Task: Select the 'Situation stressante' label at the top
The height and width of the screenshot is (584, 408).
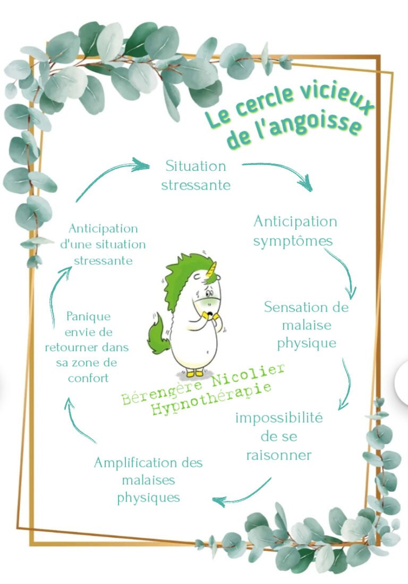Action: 195,175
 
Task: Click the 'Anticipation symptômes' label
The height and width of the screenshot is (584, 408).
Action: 295,231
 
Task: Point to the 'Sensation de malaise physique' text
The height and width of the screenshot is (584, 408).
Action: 307,325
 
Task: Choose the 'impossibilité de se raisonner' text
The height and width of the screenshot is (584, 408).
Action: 279,436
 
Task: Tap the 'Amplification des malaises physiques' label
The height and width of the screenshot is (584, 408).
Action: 148,480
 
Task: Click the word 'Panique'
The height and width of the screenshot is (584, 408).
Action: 88,316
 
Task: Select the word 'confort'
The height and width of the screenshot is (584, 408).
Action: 88,379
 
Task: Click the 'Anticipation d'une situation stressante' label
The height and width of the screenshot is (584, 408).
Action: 103,244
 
